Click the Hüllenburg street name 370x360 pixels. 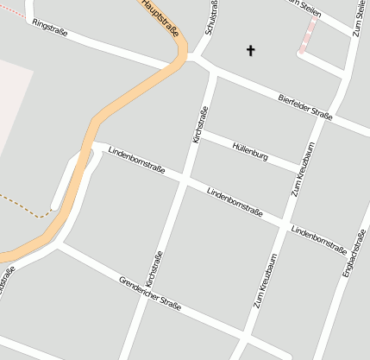pyautogui.click(x=250, y=152)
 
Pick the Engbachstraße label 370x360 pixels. pyautogui.click(x=353, y=256)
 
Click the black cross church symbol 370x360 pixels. pyautogui.click(x=251, y=51)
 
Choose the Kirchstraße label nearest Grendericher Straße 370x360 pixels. pyautogui.click(x=154, y=269)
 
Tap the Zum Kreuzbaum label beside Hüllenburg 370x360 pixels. pyautogui.click(x=302, y=169)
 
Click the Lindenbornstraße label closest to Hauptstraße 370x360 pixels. pyautogui.click(x=136, y=160)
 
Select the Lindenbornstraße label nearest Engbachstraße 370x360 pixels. pyautogui.click(x=318, y=236)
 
